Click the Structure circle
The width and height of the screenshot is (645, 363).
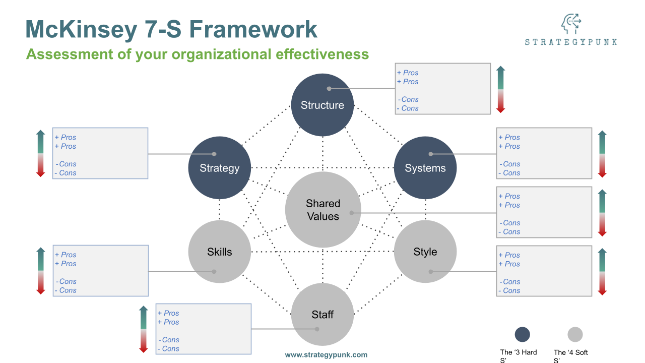coord(322,105)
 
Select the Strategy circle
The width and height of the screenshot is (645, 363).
coord(219,168)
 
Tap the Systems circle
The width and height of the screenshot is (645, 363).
coord(425,168)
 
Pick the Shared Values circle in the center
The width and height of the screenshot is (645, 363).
coord(323,210)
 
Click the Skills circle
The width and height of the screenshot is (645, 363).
coord(219,252)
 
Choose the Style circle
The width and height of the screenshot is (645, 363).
coord(425,252)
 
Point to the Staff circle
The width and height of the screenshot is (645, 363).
coord(322,315)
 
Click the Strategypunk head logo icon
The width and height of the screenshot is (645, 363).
coord(571,24)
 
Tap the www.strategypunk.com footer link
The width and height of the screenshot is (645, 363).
coord(326,354)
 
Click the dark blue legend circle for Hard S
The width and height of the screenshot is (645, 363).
coord(523,335)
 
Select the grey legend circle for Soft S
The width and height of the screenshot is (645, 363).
coord(575,335)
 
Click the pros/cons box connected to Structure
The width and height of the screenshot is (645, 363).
coord(442,89)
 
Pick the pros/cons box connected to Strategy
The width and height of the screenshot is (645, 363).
coord(100,153)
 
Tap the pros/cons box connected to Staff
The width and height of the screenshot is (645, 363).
coord(204,329)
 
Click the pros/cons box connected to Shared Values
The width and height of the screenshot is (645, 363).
coord(544,212)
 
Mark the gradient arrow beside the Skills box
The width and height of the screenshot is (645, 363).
coord(41,271)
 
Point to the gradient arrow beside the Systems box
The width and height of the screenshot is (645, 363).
coord(602,154)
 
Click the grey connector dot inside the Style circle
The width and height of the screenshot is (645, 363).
coord(431,271)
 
